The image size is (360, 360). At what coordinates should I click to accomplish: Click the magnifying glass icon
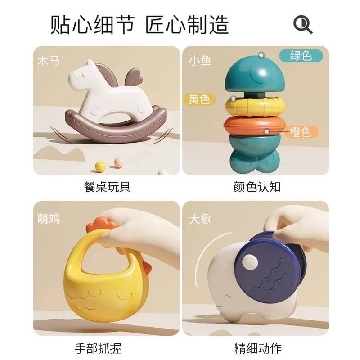(302, 24)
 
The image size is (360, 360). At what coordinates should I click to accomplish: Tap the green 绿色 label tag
(301, 55)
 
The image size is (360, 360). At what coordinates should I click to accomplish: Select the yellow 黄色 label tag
(199, 99)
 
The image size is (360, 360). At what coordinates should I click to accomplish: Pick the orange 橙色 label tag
(301, 132)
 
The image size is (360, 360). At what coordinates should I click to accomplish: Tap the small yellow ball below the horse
(100, 166)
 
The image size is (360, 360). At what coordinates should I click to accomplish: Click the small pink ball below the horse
(120, 162)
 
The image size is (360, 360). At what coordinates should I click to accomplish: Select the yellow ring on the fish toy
(255, 106)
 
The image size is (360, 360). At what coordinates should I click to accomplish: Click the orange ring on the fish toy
(254, 126)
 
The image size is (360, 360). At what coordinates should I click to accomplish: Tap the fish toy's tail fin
(254, 162)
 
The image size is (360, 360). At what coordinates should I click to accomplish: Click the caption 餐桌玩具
(107, 187)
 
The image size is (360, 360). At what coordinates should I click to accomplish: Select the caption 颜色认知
(257, 187)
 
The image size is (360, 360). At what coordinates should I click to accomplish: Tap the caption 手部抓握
(98, 348)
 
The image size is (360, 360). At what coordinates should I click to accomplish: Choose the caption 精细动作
(258, 348)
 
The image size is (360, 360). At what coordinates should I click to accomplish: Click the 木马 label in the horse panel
(49, 61)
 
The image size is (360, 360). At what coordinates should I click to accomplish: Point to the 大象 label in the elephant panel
(200, 219)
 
